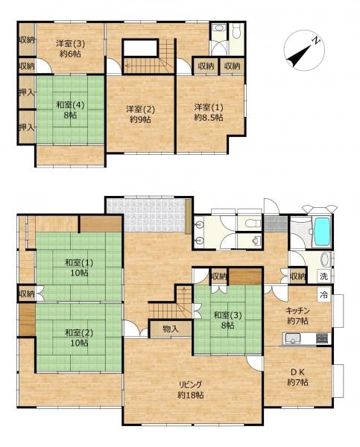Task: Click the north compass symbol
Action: pos(304,50)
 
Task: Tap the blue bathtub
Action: pos(322,232)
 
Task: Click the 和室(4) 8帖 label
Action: pos(70,110)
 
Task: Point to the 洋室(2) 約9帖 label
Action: pos(140,114)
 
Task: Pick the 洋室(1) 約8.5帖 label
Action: pos(209,112)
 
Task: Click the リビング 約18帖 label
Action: pos(191,390)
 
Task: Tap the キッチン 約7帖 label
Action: pos(297,315)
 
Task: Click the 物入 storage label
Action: pos(171,329)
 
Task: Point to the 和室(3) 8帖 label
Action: pos(227,320)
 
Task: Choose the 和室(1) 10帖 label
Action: pos(79,267)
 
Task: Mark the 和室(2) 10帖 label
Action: pos(79,337)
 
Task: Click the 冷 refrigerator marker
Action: pos(324,295)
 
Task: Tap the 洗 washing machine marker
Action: pos(323,276)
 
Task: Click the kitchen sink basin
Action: pos(291,338)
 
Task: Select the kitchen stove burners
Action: pos(323,338)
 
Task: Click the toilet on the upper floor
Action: pos(236,31)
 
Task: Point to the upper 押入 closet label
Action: pos(27,92)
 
